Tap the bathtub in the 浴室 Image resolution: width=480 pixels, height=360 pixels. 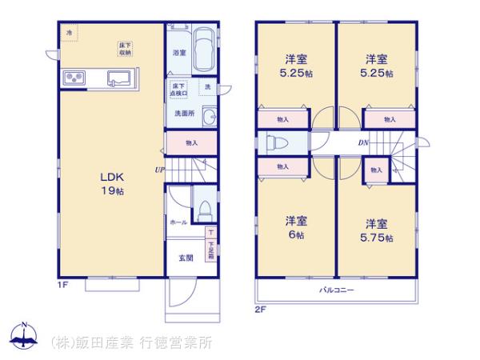tap(203, 52)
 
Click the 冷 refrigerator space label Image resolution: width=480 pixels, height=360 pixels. tap(69, 32)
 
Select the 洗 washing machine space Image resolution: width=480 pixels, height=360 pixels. tap(207, 86)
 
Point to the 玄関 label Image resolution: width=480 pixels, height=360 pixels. tap(185, 258)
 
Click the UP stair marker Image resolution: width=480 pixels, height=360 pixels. tap(160, 170)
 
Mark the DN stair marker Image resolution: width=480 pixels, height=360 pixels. tap(362, 143)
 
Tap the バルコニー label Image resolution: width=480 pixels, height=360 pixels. tap(336, 289)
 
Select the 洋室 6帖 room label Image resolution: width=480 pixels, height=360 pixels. tap(296, 228)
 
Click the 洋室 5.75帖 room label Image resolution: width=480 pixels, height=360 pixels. tap(377, 230)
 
